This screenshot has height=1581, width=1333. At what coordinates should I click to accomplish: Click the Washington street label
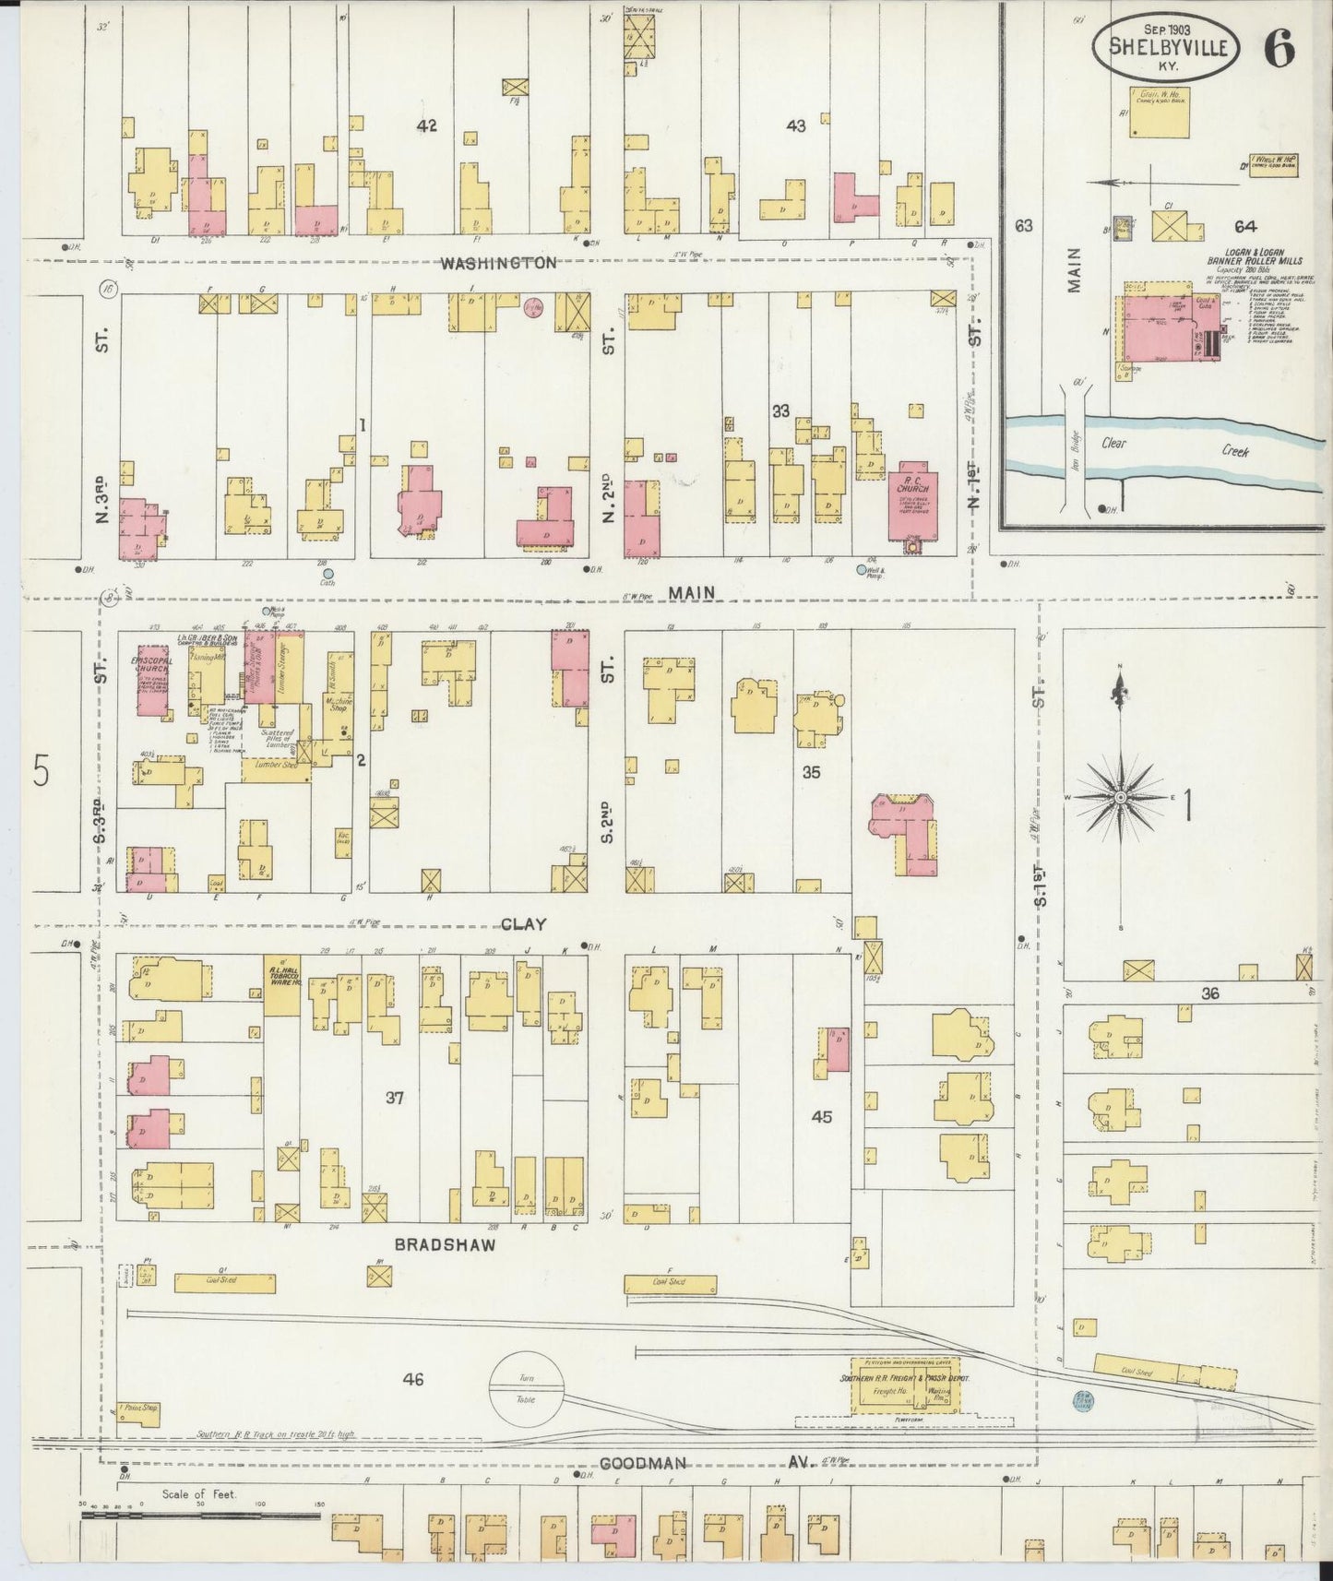click(498, 263)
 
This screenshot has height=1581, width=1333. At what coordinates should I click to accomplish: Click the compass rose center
click(1119, 797)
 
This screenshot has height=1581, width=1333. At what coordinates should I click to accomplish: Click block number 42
click(425, 126)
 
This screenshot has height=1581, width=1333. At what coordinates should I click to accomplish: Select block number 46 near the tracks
click(412, 1379)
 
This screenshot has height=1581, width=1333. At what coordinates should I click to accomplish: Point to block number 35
click(810, 773)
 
